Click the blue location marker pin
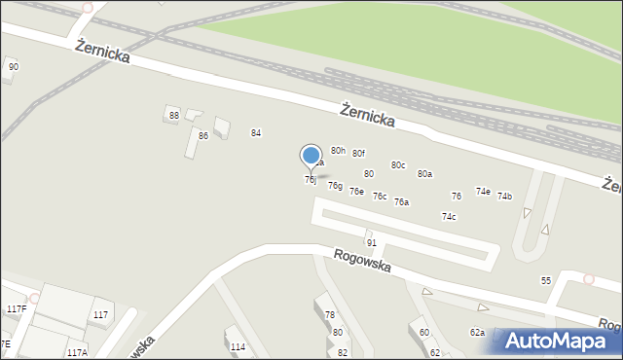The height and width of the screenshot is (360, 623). (x=311, y=157)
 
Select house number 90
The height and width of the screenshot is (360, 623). (x=13, y=66)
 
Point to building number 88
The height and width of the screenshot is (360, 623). (x=173, y=116)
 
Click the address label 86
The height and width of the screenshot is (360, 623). (x=203, y=136)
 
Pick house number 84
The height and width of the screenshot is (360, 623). (x=256, y=132)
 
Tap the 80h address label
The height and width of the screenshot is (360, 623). (x=338, y=151)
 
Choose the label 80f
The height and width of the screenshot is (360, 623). (x=358, y=154)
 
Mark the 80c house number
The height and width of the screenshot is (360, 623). (x=398, y=165)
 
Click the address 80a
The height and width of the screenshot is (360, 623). (x=424, y=174)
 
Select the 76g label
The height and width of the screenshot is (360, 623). (x=335, y=186)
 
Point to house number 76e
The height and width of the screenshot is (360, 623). (x=356, y=192)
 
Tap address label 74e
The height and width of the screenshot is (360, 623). (x=483, y=192)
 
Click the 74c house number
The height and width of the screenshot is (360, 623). (x=449, y=217)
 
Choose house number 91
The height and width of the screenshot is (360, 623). (x=371, y=242)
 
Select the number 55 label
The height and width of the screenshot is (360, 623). (x=546, y=280)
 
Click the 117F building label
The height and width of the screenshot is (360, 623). (x=17, y=309)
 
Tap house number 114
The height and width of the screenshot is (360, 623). (x=238, y=346)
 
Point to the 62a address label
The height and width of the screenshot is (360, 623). (x=477, y=333)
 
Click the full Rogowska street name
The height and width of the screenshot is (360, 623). (x=361, y=260)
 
